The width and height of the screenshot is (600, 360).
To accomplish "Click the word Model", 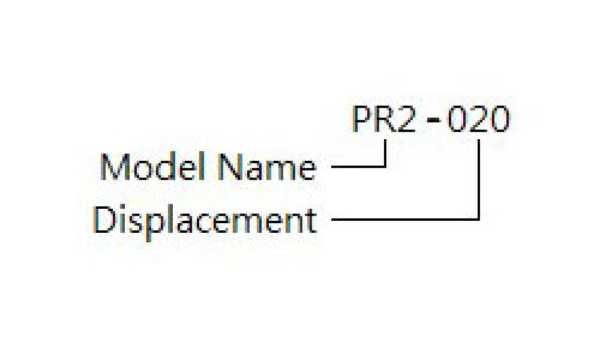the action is tap(152, 167).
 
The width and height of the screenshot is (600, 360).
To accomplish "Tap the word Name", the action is tap(267, 167).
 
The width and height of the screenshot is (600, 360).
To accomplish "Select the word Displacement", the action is tap(205, 221).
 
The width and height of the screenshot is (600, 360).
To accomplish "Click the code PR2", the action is tap(383, 119).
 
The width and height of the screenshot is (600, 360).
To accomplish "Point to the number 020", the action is tap(479, 119).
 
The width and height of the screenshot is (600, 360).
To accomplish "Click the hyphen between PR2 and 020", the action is tap(433, 120).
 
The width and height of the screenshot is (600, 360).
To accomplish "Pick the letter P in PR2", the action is tap(361, 119).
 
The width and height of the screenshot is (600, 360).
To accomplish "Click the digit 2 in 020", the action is tap(479, 119).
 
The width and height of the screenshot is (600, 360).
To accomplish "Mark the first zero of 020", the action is tap(457, 119).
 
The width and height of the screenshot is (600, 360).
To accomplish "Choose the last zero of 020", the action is tap(500, 119).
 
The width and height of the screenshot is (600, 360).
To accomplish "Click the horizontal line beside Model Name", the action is tap(359, 167).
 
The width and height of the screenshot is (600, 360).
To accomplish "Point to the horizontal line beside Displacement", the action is tap(406, 219).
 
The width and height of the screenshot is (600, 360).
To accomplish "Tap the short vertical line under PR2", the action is tap(385, 153).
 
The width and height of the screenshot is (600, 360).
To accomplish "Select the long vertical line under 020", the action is tap(479, 179).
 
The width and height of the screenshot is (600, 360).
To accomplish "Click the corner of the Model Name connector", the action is tap(385, 167).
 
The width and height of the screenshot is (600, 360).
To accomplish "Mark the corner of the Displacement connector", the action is tap(479, 219).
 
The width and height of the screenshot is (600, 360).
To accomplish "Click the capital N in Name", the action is tap(230, 167).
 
